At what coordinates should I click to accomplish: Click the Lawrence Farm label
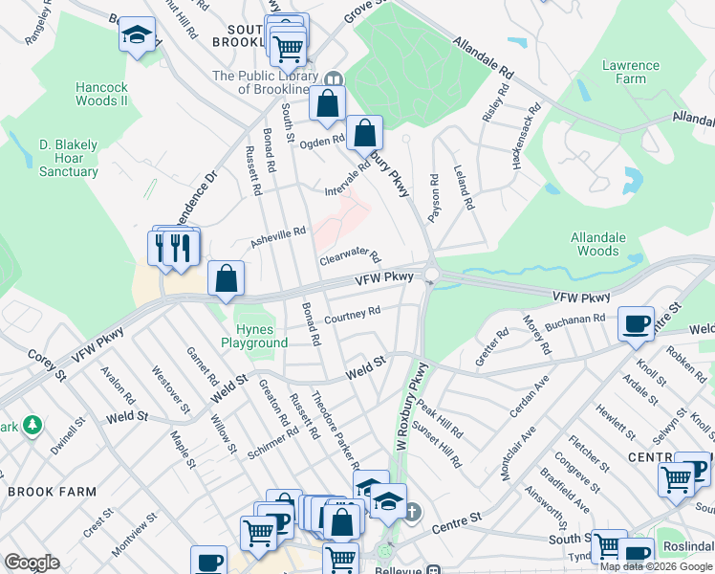(631, 73)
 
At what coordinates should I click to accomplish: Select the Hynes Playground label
(254, 336)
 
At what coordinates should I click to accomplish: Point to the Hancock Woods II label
(101, 94)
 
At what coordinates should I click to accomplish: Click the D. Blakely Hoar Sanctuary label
(69, 159)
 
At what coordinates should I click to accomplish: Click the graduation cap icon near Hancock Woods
(137, 35)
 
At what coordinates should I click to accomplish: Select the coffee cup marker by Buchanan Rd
(636, 322)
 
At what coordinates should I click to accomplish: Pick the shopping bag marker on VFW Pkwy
(227, 279)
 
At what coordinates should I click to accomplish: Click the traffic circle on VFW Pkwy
(432, 276)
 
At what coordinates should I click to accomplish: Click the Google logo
(32, 563)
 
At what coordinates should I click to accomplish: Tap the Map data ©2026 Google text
(657, 566)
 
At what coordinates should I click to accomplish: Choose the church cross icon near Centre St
(412, 513)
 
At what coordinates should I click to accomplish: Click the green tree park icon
(32, 423)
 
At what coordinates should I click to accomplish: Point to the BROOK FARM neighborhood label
(52, 492)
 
